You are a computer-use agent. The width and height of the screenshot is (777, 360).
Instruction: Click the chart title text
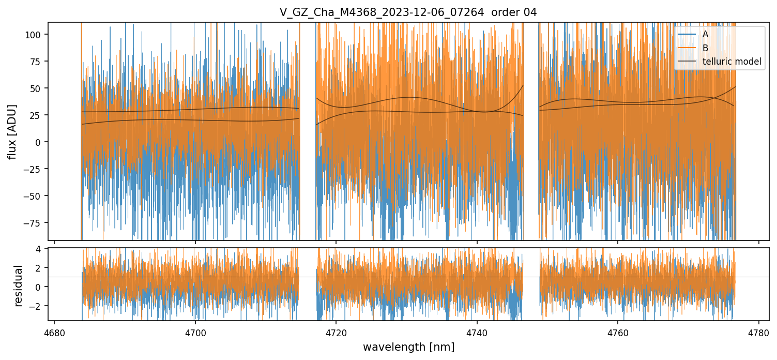408,12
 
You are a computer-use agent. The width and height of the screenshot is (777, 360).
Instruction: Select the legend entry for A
705,35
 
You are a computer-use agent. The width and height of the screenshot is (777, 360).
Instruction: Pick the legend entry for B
705,48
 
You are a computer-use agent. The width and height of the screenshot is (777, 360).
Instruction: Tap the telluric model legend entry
732,62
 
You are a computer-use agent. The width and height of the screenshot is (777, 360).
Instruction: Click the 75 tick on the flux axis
39,62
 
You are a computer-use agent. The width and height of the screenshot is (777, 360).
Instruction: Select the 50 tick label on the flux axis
39,88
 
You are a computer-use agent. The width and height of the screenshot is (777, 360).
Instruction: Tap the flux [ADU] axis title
12,131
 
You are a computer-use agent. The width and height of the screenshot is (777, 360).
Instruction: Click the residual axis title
19,286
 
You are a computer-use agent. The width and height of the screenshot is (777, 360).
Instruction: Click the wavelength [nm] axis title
408,347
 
